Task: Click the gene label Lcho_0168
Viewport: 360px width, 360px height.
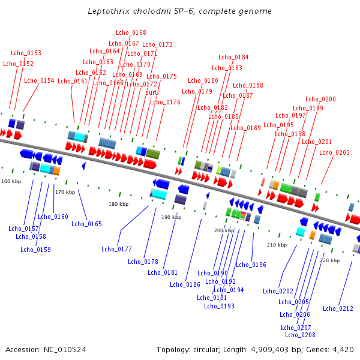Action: point(131,32)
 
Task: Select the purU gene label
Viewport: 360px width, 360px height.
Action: point(152,92)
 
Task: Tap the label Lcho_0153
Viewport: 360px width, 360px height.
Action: point(26,53)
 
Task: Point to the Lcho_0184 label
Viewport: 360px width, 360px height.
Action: point(233,57)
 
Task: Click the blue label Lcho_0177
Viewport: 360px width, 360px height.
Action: point(116,249)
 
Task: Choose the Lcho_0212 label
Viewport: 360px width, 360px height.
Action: point(338,308)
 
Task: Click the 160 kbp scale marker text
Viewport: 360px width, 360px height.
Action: point(11,181)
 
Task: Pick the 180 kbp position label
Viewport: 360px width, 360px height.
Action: point(118,204)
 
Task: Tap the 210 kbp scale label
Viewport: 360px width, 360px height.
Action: point(277,245)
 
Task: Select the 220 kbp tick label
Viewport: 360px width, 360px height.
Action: point(329,260)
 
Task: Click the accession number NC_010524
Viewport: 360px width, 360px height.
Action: point(65,350)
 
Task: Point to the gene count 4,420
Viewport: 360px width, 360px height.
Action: point(343,350)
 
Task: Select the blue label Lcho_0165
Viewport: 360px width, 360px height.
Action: point(86,224)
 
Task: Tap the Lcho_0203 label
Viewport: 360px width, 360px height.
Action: point(334,152)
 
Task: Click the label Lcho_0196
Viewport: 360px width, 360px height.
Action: point(251,265)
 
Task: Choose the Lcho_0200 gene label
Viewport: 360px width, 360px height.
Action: point(320,99)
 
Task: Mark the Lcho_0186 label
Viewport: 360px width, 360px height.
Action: point(185,284)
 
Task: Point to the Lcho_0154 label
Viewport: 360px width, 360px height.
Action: point(39,80)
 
